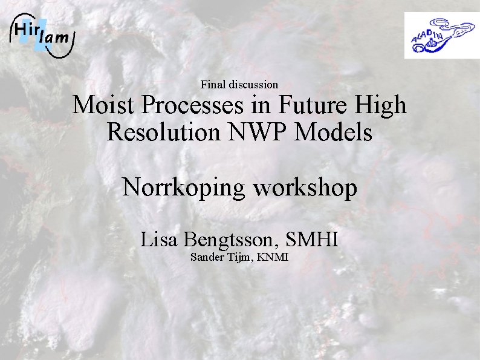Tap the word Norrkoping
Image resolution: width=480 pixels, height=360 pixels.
click(x=184, y=188)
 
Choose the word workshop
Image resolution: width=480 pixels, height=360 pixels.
click(x=305, y=188)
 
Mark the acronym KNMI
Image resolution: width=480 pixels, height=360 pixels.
click(x=273, y=258)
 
